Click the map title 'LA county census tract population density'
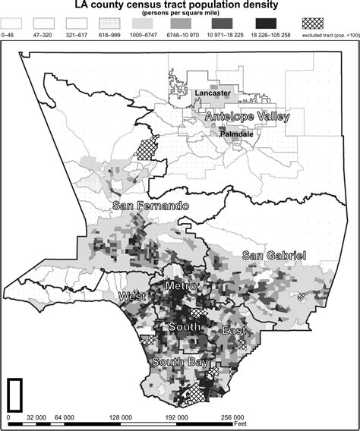pos(179,5)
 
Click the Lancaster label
pos(213,93)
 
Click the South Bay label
pos(179,363)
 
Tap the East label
pos(232,332)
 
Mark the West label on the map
pos(127,296)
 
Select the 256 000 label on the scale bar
pos(232,417)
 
